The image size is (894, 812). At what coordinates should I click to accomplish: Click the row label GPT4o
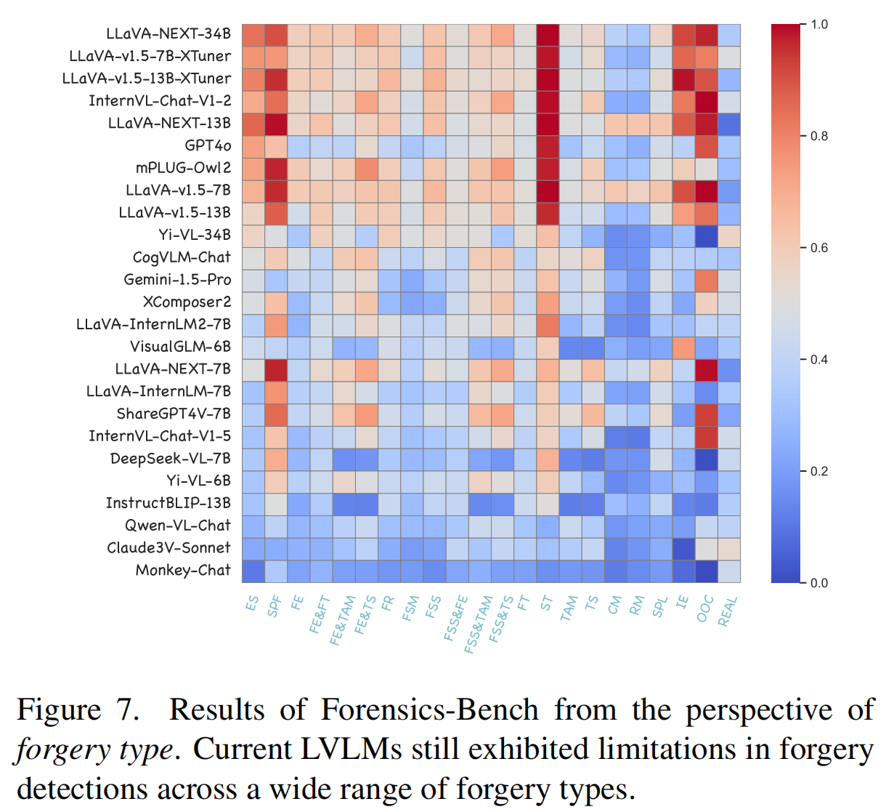207,145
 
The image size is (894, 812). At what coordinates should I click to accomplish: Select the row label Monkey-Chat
183,570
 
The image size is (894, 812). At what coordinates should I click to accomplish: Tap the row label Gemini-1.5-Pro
177,280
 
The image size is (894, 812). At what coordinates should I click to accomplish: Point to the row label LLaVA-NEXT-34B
168,33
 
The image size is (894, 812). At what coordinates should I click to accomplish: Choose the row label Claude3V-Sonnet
168,547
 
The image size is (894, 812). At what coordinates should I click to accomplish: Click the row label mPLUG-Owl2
183,168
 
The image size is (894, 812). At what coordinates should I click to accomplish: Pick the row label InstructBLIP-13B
168,503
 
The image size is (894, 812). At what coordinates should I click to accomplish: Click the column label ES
252,603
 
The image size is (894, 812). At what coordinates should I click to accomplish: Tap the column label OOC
705,609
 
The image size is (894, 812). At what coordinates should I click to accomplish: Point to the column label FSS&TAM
478,624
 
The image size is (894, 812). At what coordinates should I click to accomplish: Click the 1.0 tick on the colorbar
819,25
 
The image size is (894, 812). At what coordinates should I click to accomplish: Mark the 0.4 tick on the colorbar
819,360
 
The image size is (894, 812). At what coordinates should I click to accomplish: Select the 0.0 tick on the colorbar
819,583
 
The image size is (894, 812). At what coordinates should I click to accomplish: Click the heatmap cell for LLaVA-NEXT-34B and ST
548,34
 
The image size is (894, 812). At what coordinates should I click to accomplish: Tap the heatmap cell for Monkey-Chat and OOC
707,571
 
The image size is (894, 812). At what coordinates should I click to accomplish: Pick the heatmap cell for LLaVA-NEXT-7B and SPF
276,369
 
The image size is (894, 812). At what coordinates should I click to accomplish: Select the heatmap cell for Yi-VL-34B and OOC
707,235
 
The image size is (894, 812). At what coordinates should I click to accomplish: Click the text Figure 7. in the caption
78,710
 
